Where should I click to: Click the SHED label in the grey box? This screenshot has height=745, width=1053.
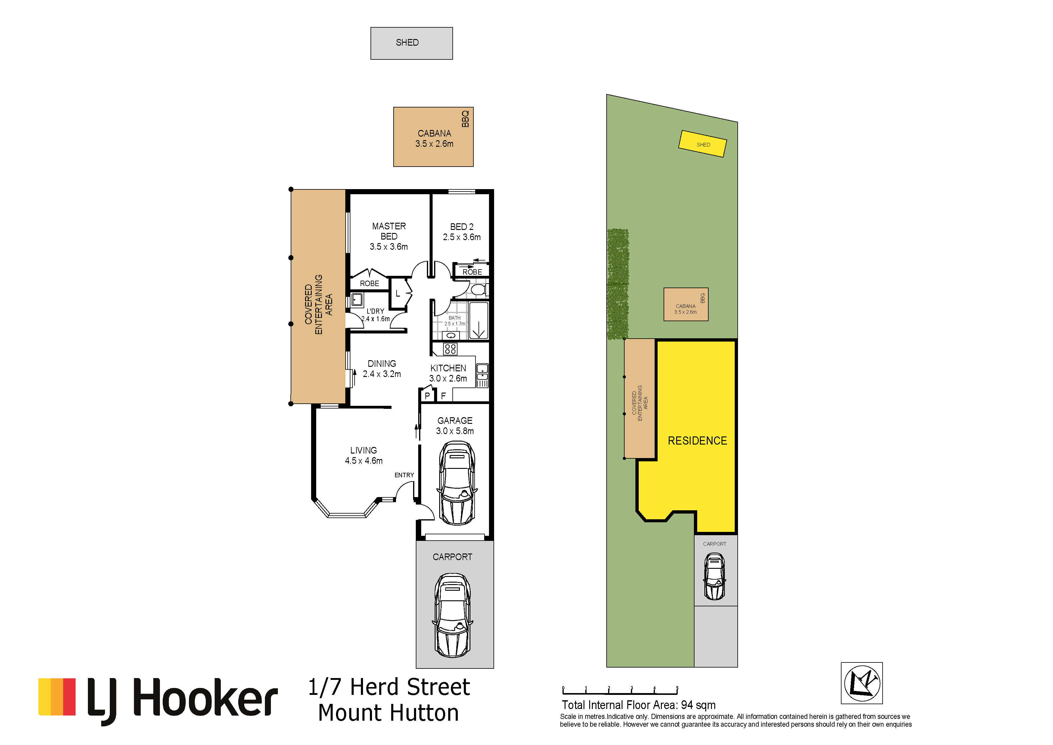407,43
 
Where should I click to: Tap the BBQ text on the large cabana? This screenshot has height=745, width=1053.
466,119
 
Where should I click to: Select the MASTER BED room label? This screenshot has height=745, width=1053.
389,231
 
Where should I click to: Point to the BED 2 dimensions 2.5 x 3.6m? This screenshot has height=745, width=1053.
462,237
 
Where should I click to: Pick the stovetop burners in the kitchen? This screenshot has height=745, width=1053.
450,349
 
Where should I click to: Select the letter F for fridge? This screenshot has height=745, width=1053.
443,395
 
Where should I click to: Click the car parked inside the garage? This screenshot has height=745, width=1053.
457,483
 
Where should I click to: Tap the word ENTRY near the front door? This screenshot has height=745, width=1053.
404,475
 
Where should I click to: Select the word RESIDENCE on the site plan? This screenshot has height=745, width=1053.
697,441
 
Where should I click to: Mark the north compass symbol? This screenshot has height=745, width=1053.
862,683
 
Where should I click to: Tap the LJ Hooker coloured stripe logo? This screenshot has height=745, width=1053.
57,697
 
